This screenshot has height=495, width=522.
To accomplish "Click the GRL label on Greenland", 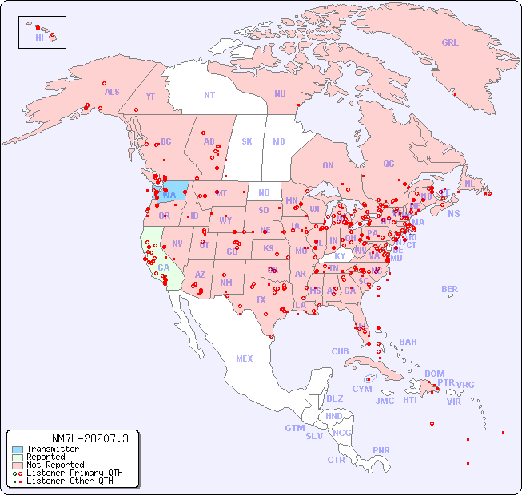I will pos(450,43).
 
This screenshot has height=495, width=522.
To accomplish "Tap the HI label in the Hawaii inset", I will pos(39,38).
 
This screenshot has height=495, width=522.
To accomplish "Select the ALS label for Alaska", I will pos(112,92).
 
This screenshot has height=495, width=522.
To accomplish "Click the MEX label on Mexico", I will pos(245,358).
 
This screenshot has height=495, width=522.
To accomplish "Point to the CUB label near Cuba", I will pos(340,351).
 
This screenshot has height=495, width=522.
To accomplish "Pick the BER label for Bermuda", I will pos(450,289).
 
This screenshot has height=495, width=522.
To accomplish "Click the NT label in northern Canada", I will pos(209,95).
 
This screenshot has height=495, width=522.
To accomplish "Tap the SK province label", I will pos(247,141).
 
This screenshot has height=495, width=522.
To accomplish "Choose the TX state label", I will pos(261,300).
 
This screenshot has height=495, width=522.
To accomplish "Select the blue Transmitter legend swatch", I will pos(17,449).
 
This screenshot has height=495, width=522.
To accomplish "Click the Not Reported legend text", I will pos(54,465).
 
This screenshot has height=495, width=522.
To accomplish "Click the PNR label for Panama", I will pos(381,450).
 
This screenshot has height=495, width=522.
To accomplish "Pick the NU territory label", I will pos(280,93).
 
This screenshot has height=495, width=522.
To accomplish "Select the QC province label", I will pos(389,164).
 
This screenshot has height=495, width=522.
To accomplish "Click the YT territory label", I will pos(150,97).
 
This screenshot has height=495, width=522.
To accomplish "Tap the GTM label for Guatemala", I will pos(294,428).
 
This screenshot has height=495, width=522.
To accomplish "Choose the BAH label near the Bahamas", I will pos(408,342).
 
